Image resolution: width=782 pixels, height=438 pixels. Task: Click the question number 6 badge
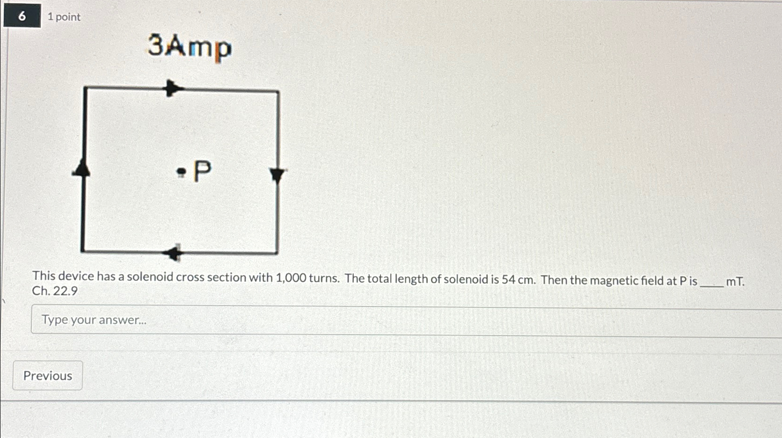coord(22,16)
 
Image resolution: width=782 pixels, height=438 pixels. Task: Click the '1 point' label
coord(64,17)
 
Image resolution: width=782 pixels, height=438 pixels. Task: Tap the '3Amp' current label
coord(190,47)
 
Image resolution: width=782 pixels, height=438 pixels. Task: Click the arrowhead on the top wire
coord(174,88)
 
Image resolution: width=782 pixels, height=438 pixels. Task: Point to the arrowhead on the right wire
coord(278,175)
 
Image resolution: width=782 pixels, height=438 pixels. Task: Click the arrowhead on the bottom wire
coord(174,253)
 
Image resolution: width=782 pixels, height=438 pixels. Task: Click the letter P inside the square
coord(202,171)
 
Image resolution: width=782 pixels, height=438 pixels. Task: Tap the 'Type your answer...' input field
coord(402,320)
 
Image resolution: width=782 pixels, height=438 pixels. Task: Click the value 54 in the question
coord(508,280)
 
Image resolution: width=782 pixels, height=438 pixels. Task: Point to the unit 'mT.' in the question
coord(735,282)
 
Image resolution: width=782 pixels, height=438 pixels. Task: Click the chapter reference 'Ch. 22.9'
coord(55,291)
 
